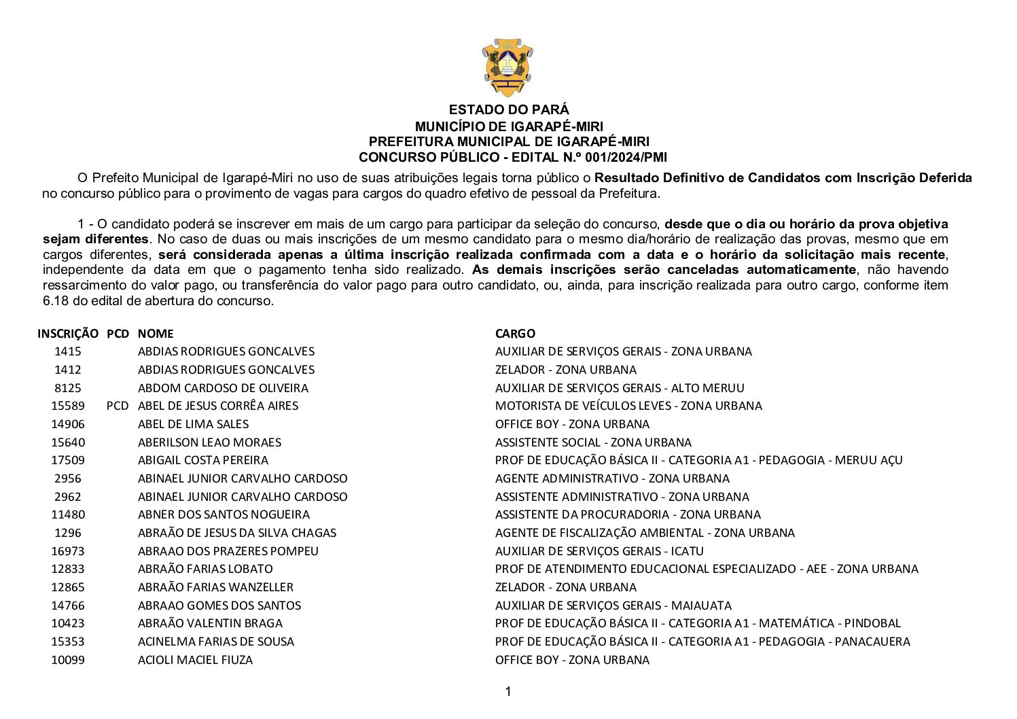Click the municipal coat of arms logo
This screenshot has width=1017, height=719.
tap(507, 67)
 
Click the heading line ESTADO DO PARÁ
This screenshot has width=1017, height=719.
tap(509, 110)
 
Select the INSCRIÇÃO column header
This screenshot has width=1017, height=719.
tap(68, 334)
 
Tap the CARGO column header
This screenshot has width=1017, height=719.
tap(515, 334)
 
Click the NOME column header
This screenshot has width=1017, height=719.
tap(156, 334)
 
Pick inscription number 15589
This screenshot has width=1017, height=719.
tap(68, 406)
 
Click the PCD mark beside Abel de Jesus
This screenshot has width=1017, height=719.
tap(117, 406)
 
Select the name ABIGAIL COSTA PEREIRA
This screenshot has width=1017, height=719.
tap(203, 460)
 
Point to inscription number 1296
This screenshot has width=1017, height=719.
tap(68, 533)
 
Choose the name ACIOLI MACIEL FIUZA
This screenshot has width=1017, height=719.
tap(195, 660)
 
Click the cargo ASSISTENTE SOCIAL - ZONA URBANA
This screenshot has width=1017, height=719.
tap(593, 442)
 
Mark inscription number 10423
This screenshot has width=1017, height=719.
tap(68, 623)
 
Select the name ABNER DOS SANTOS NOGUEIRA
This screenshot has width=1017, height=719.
tap(224, 514)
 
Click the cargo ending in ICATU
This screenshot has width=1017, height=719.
tap(599, 551)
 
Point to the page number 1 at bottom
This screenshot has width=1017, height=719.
tap(508, 692)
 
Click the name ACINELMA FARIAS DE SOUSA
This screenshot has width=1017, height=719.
tap(216, 642)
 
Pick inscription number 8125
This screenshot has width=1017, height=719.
tap(68, 388)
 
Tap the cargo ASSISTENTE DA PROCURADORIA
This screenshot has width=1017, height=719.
tap(628, 514)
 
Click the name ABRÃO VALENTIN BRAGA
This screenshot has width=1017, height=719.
tap(210, 623)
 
